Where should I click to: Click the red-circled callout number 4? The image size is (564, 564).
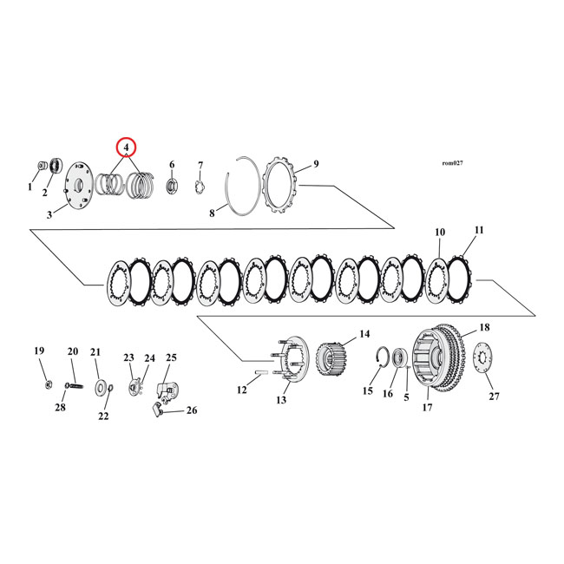click(128, 148)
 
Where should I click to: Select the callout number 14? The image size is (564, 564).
click(364, 333)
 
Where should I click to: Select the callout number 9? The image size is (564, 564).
click(316, 163)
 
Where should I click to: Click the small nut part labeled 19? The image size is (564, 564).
click(45, 384)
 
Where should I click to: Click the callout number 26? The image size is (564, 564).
click(191, 410)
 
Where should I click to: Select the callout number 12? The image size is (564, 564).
click(242, 390)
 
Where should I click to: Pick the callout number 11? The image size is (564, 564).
click(479, 230)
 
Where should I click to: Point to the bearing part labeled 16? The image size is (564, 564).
click(400, 357)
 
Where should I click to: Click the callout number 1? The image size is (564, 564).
click(30, 187)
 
